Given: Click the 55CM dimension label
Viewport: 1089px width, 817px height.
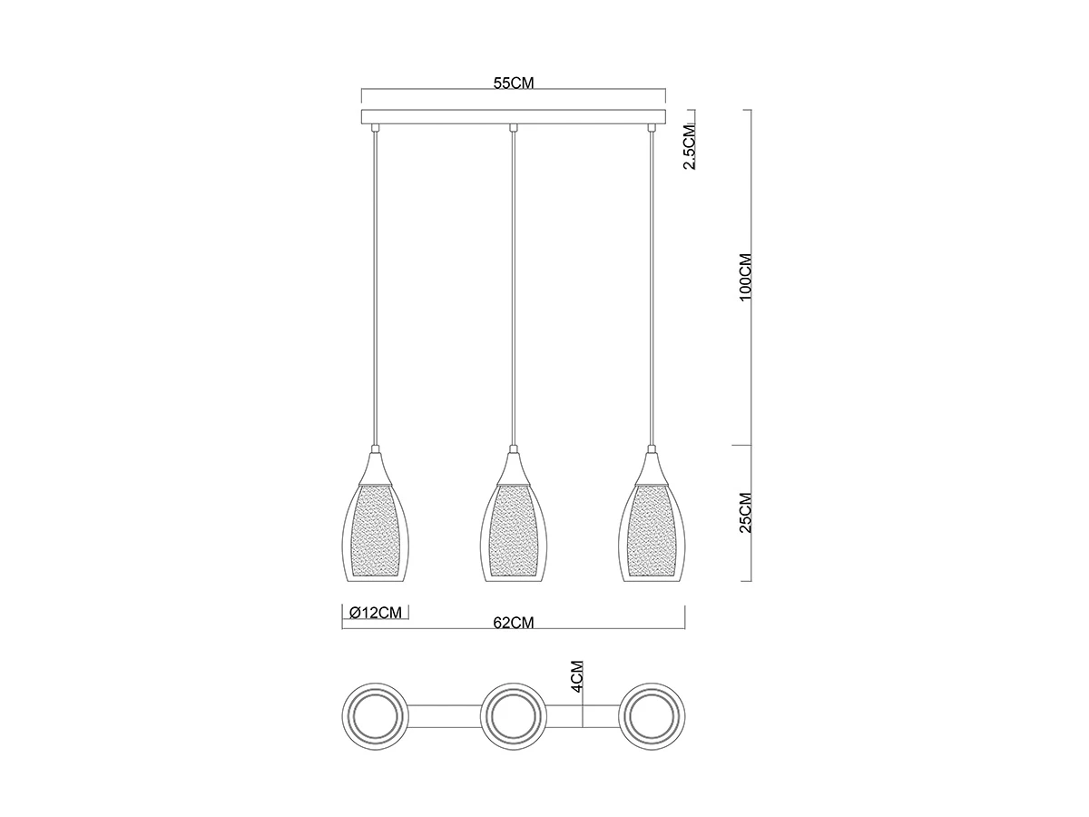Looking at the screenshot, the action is pos(514,83).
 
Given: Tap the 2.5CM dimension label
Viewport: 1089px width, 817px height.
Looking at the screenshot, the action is pos(690,147).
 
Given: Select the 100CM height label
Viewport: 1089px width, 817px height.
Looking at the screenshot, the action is pos(746,277).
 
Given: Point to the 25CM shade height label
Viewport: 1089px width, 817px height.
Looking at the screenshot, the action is pos(746,512).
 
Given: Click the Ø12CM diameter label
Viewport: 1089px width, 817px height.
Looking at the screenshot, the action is pos(375,613).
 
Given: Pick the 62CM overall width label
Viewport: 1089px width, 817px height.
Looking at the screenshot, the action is pos(514,623).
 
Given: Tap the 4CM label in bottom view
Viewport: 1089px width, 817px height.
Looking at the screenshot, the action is pos(577,676).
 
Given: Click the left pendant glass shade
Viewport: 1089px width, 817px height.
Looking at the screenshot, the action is pos(375,531).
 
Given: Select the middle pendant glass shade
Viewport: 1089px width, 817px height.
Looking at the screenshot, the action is pos(514,531).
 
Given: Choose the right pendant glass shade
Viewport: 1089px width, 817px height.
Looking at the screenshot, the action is pos(652,531).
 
